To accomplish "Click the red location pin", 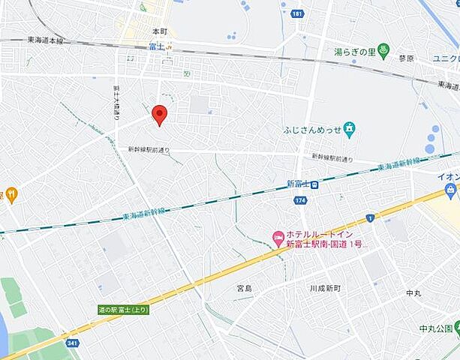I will [x=159, y=115].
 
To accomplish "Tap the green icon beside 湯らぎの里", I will [x=384, y=51].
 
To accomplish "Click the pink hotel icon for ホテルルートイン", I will [x=278, y=238].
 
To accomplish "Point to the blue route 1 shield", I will [x=369, y=217].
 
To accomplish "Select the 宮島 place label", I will [x=245, y=288].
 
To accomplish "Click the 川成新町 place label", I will [x=324, y=288].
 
